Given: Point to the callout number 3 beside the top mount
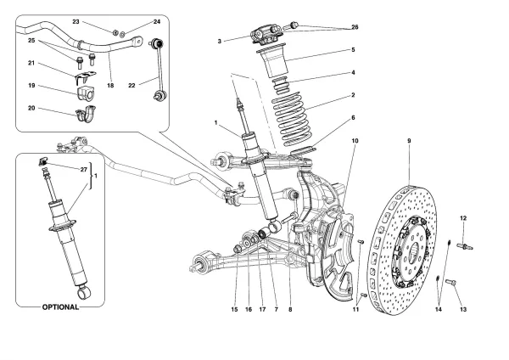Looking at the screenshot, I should [x=220, y=40].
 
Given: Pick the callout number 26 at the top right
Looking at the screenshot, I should [x=355, y=26].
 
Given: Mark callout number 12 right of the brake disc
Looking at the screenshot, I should [x=463, y=219].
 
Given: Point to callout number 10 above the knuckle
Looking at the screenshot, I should [x=355, y=140].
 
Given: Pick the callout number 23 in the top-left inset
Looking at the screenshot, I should [x=99, y=20].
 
